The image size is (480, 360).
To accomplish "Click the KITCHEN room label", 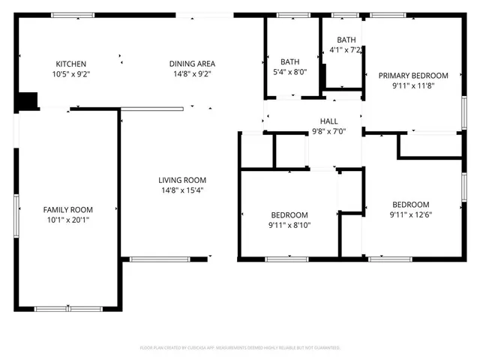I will point(70,64).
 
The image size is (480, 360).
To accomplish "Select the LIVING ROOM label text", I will point(181,180).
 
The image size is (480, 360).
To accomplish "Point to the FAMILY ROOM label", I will point(67,210).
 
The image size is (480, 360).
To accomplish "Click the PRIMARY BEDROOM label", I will point(413,76).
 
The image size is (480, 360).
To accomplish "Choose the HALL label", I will point(329,121).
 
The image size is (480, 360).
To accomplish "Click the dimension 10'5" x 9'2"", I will point(70,74).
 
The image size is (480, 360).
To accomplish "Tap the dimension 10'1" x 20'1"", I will point(67,220).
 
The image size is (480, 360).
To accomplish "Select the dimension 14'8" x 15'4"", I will point(181,190).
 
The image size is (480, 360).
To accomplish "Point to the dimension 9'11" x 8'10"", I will point(289,225).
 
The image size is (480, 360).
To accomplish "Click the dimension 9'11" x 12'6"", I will point(411,216).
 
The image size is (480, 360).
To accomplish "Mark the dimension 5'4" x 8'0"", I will point(289,73).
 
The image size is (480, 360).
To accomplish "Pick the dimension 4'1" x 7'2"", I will point(346,50).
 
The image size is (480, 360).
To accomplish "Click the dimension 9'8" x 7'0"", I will point(329,131).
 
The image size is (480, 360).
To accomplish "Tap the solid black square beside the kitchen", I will point(27,100).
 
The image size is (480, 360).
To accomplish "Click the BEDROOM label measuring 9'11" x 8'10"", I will point(289,214).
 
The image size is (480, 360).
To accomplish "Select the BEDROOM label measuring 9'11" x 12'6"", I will point(411,205).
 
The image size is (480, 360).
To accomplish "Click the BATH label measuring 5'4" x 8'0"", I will point(289,62).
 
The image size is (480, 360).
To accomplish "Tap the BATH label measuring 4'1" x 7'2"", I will point(346,40).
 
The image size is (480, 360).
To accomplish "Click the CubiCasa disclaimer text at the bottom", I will point(240,348).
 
